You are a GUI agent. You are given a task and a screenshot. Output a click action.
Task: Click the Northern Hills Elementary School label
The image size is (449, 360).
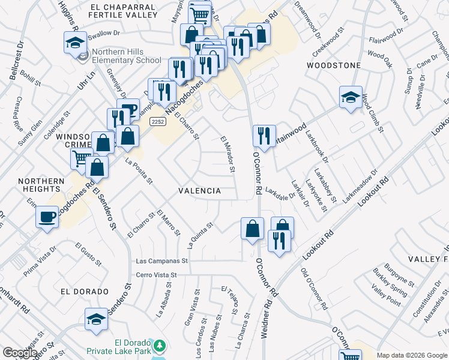(127, 56)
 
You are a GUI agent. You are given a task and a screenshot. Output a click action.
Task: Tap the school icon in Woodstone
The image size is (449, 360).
(351, 97)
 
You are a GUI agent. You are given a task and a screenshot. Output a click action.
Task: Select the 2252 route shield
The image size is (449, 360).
(157, 121)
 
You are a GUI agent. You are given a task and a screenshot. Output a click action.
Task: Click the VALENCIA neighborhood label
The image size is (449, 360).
(200, 190)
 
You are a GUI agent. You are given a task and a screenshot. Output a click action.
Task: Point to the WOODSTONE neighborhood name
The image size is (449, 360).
(334, 65)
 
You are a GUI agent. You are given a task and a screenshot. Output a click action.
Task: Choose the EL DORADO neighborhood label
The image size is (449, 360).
(85, 292)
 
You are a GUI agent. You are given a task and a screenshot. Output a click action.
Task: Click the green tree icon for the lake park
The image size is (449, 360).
(159, 346)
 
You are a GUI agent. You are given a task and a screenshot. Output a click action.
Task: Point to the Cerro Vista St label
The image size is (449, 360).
(158, 275)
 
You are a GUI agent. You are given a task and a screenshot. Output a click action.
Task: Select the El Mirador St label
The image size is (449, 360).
(228, 155)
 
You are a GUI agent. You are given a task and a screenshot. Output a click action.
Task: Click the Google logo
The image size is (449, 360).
(20, 353)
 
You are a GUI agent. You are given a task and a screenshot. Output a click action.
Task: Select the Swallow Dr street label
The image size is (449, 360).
(104, 35)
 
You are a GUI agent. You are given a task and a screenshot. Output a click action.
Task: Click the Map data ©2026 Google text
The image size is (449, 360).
(412, 355)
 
